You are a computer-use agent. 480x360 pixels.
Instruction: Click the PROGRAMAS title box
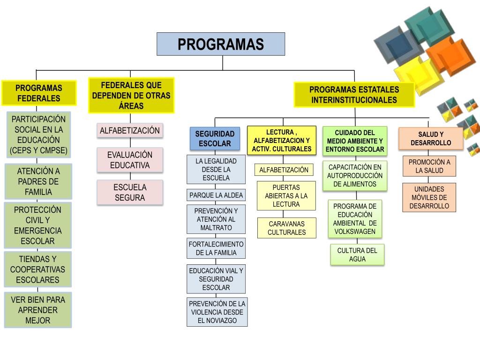221,44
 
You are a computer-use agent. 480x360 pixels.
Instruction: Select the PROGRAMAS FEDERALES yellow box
39,93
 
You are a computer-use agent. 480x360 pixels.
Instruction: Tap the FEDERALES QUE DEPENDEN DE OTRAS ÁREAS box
131,96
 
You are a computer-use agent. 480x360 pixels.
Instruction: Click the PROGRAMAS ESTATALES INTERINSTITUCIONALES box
354,95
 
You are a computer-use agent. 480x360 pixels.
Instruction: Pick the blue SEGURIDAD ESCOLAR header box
215,139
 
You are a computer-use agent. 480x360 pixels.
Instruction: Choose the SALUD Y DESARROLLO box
431,138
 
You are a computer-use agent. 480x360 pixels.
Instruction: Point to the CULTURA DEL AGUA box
357,255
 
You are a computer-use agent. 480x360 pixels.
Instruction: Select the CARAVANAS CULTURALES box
286,228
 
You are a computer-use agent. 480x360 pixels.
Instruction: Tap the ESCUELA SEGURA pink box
130,192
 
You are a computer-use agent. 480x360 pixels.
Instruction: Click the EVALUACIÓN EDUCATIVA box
130,160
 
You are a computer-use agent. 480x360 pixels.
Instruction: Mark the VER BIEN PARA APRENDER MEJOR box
38,310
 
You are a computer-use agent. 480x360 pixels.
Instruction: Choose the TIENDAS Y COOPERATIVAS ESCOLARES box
38,269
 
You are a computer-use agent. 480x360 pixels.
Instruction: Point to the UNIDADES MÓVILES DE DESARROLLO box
429,197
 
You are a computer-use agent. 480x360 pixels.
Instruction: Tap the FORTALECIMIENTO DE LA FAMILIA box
216,248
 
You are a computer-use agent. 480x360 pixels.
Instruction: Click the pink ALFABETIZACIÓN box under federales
130,131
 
